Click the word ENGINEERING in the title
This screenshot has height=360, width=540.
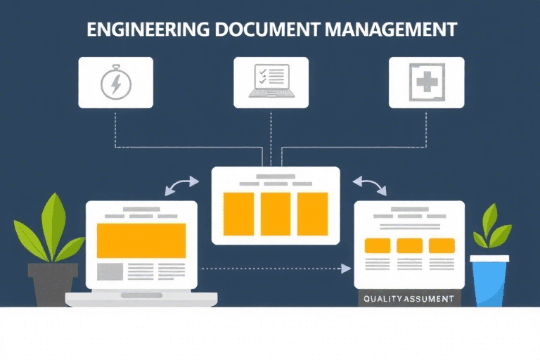click(x=143, y=30)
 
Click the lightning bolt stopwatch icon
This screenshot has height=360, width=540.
click(x=115, y=83)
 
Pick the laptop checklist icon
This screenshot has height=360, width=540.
click(x=271, y=82)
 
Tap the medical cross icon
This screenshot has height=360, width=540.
click(x=426, y=82)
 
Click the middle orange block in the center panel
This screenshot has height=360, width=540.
click(x=276, y=213)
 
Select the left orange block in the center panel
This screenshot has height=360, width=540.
click(x=238, y=213)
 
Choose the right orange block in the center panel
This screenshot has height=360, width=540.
click(x=312, y=213)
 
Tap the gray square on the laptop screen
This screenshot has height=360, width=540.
click(x=110, y=271)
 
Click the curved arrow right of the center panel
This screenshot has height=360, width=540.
click(x=370, y=185)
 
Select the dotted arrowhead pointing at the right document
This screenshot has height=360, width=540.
click(x=346, y=268)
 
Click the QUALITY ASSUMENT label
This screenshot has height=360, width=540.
click(x=409, y=299)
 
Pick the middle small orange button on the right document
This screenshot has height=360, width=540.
click(x=409, y=245)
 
